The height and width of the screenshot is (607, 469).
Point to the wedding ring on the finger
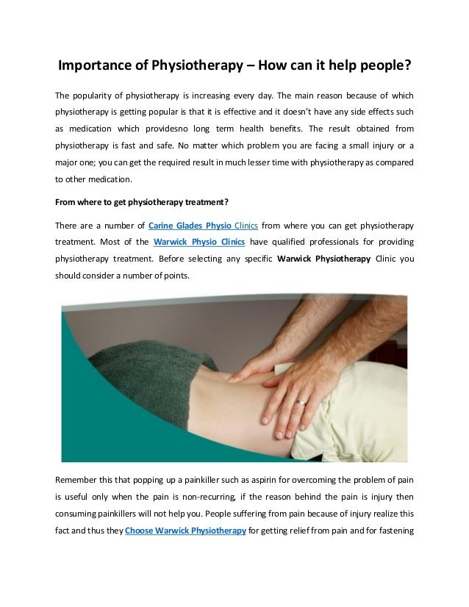click(301, 402)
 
